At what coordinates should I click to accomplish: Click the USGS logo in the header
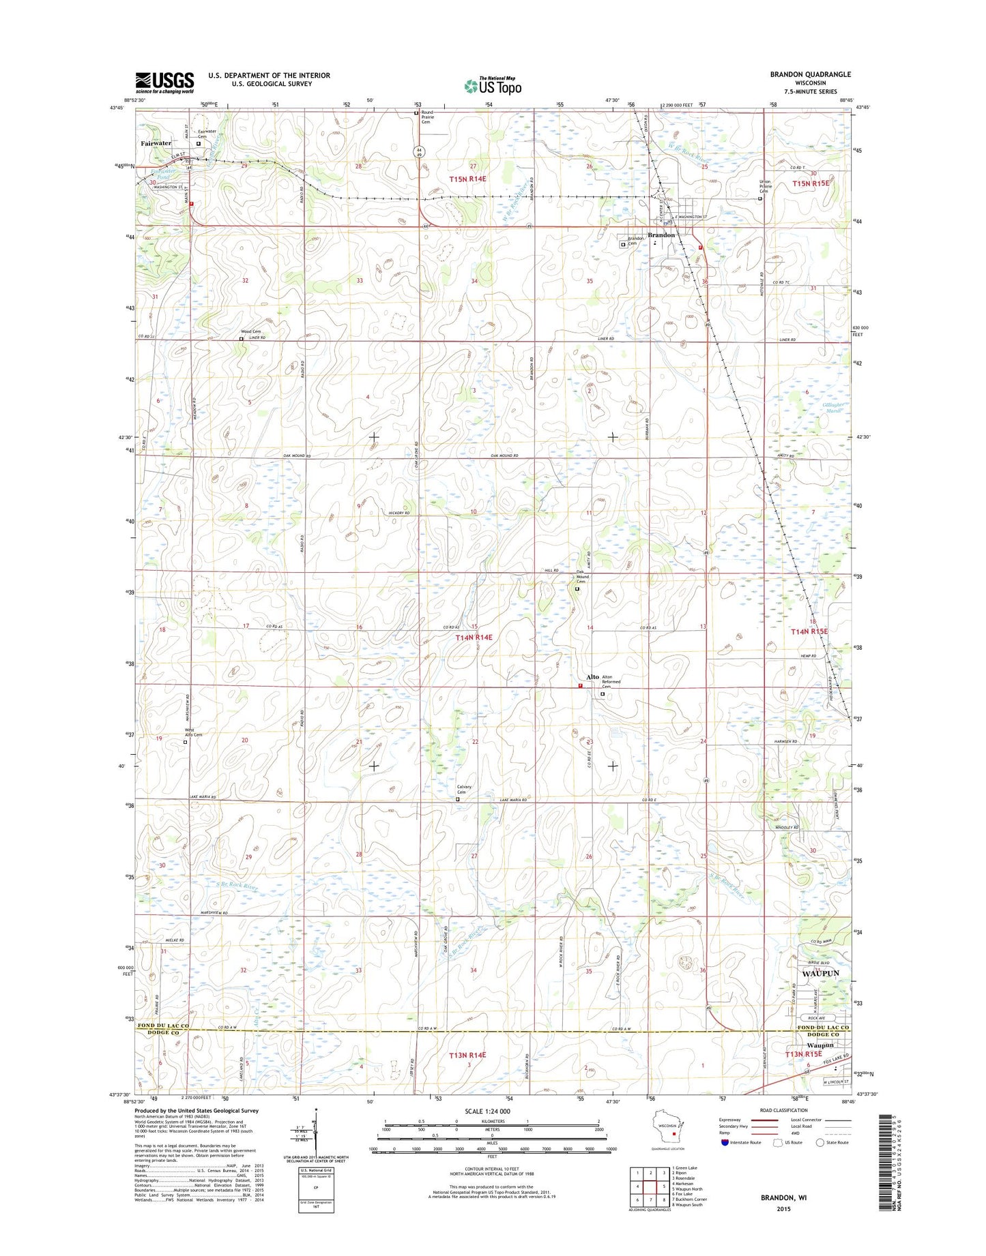point(164,83)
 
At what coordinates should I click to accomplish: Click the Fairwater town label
point(156,143)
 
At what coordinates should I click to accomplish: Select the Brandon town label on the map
point(661,235)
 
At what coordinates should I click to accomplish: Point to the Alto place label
point(592,677)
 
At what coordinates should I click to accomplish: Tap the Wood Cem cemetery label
point(250,331)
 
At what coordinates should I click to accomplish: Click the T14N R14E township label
point(474,637)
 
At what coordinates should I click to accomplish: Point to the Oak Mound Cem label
point(582,577)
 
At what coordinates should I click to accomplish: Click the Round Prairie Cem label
point(427,117)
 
